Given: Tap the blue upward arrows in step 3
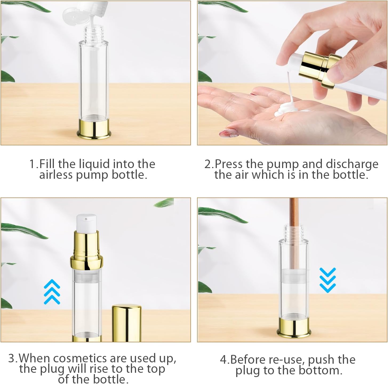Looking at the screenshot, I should point(52,292).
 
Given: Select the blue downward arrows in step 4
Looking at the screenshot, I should point(327,280).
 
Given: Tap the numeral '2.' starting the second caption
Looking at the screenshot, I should point(209,164).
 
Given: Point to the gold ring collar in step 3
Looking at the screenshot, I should point(87,262).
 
